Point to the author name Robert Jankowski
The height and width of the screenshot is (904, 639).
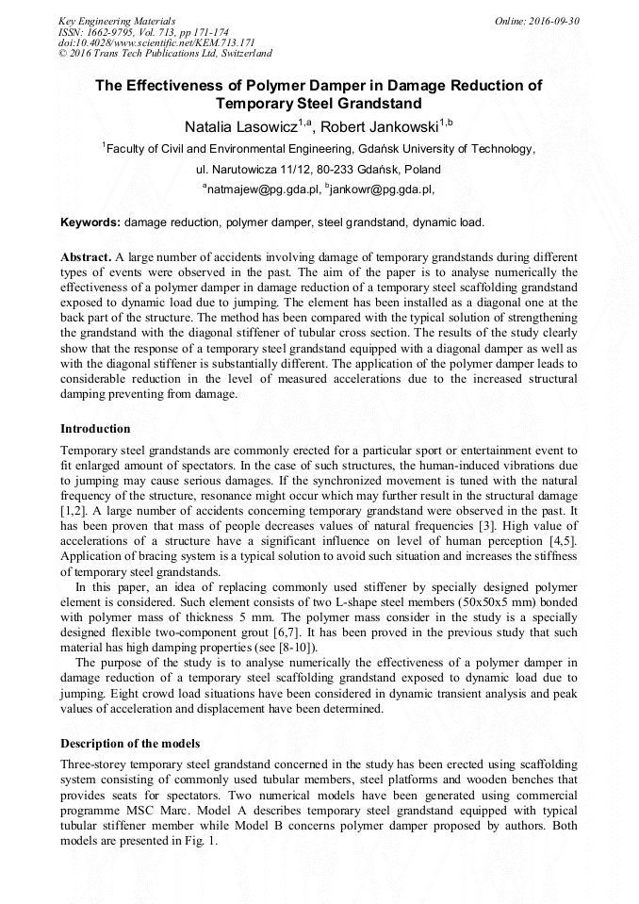point(381,127)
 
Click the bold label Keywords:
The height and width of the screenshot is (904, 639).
point(90,223)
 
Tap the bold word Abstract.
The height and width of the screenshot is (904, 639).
point(86,257)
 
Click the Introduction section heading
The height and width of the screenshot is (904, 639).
point(95,429)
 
